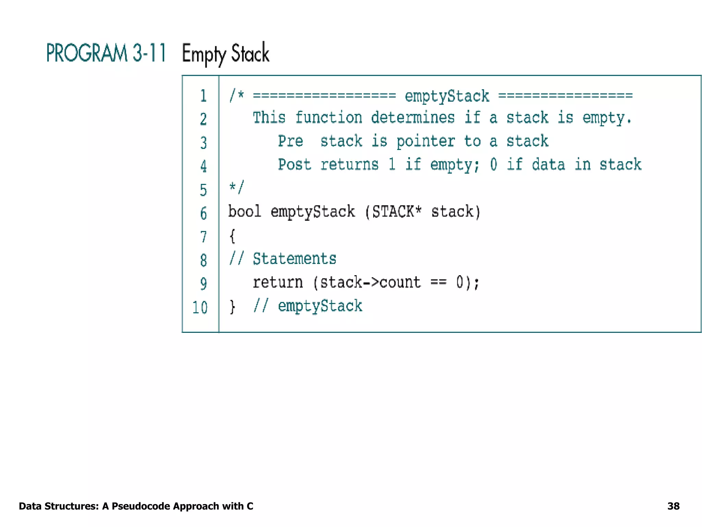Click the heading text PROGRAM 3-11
coord(106,53)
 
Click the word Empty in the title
coord(204,54)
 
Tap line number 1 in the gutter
coord(203,96)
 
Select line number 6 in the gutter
coord(203,213)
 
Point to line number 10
coord(200,307)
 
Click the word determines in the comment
coord(413,118)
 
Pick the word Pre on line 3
coord(290,141)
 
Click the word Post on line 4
coord(294,165)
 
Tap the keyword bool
coord(244,211)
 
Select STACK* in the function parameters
coord(397,211)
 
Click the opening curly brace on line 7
coord(232,236)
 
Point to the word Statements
coord(294,259)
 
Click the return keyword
coord(278,282)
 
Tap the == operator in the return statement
coord(438,282)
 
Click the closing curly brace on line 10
coord(232,306)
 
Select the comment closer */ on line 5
coord(236,188)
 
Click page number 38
coord(673,506)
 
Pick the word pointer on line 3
coord(425,141)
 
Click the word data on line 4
coord(548,165)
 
